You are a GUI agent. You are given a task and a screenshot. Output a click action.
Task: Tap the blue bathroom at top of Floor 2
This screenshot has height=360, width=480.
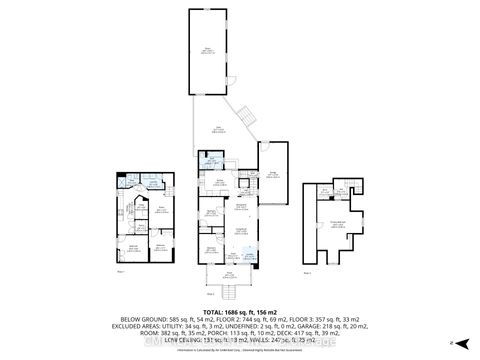coord(212,163)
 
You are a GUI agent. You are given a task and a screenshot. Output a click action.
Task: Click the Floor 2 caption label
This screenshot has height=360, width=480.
coord(210,294)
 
